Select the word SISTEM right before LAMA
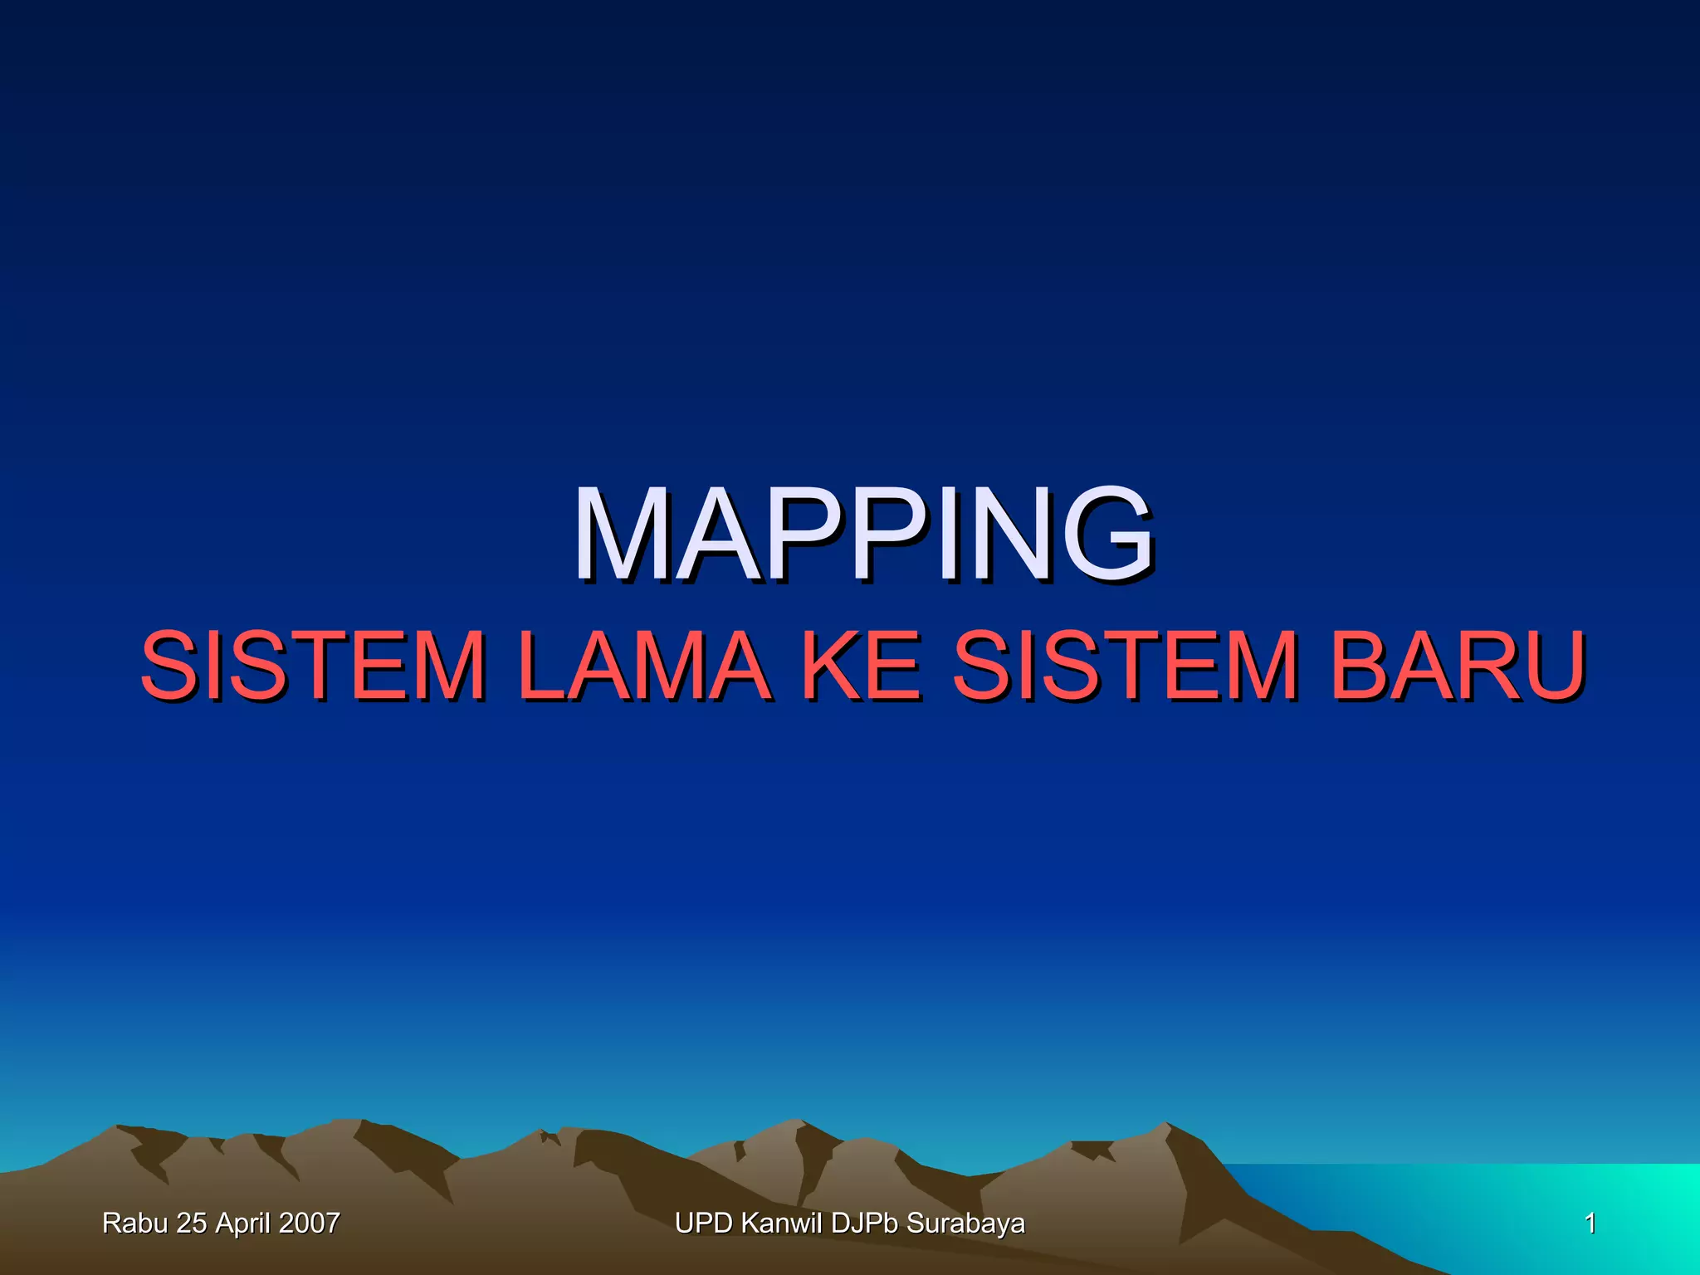[314, 666]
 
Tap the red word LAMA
[643, 666]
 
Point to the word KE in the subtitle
[862, 666]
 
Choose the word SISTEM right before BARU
[1125, 666]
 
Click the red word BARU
[1458, 666]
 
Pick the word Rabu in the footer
[134, 1224]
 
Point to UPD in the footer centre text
[703, 1224]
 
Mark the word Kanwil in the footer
[782, 1224]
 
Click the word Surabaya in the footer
[965, 1224]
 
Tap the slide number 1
[1590, 1224]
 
